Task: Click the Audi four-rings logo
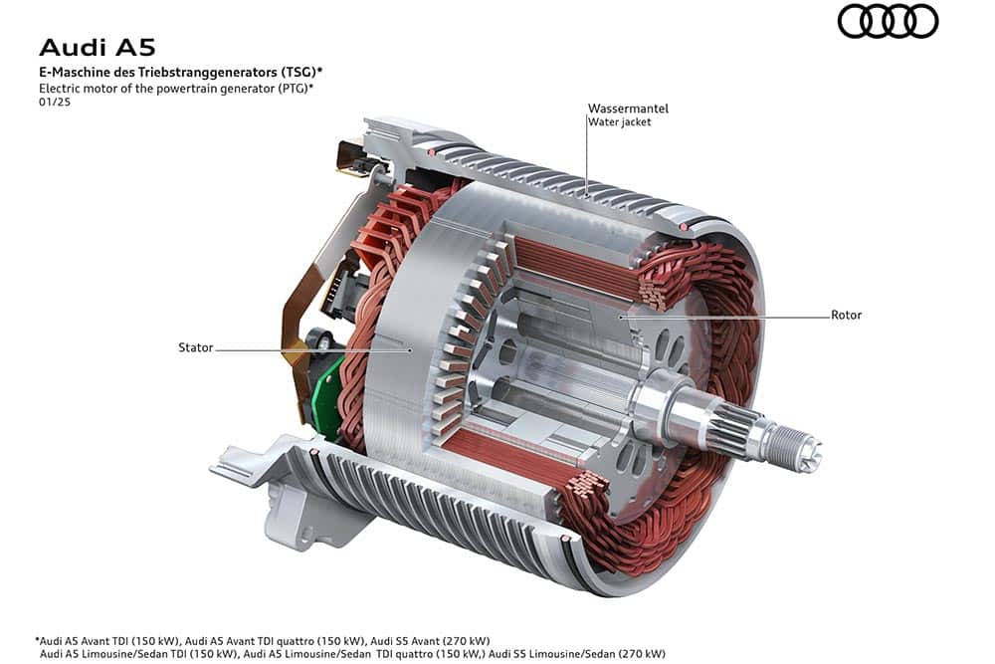click(888, 21)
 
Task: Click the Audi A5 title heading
click(98, 48)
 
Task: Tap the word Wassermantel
click(628, 109)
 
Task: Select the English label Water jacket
click(619, 121)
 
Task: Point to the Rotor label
click(846, 315)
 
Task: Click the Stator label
click(195, 347)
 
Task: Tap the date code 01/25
click(55, 102)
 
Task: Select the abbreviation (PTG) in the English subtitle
click(292, 89)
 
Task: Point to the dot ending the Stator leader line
click(411, 349)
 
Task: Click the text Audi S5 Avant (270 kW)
click(430, 640)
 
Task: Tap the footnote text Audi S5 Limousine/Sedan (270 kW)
click(577, 654)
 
